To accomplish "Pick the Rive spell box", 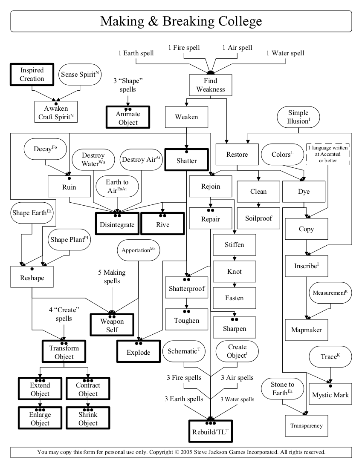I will coord(162,223).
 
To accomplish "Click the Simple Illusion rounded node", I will coord(298,117).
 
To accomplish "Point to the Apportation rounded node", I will coord(138,250).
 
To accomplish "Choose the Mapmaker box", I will coord(307,330).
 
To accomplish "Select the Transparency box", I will coord(307,425).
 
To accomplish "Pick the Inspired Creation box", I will coord(32,75).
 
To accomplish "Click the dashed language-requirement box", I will coord(327,154).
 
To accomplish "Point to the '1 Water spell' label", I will coord(285,53).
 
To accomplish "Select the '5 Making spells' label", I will coord(112,276).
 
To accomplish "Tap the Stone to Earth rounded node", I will coord(282,389).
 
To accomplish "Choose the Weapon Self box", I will coord(112,325).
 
